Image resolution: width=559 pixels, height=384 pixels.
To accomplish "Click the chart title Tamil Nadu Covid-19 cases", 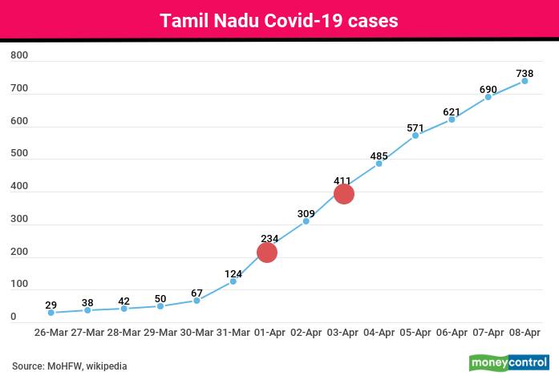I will point(279,21).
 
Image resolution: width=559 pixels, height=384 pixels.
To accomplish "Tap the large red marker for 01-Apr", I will point(267,253).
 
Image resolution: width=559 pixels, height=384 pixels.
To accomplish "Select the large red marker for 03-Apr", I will point(343,194).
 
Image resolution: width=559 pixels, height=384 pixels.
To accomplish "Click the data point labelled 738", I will point(525,81).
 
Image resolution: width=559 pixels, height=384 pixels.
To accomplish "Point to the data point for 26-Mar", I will point(51,313).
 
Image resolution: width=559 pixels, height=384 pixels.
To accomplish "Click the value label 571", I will point(415,127).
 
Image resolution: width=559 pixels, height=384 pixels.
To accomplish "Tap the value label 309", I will point(306,213).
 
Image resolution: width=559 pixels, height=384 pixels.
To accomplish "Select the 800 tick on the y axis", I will point(19,56).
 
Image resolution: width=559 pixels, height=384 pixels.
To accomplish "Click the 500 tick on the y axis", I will point(19,154).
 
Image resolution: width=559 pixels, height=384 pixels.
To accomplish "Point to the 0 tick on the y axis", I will point(14,317).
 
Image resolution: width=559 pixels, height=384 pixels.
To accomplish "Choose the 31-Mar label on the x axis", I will point(232,332).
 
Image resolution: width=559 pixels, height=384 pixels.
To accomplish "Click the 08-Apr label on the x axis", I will point(525,332).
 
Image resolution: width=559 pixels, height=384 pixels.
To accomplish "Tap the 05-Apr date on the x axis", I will point(415,332).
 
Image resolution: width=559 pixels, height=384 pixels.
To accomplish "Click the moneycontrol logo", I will point(508,362).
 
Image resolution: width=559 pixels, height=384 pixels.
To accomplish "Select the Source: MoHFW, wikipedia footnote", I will point(70,366).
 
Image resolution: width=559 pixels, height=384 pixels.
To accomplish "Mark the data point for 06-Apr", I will point(452,119).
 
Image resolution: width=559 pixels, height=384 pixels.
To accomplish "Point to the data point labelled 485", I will point(379,164).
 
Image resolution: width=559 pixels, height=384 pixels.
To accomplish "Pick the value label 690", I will point(488,89).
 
